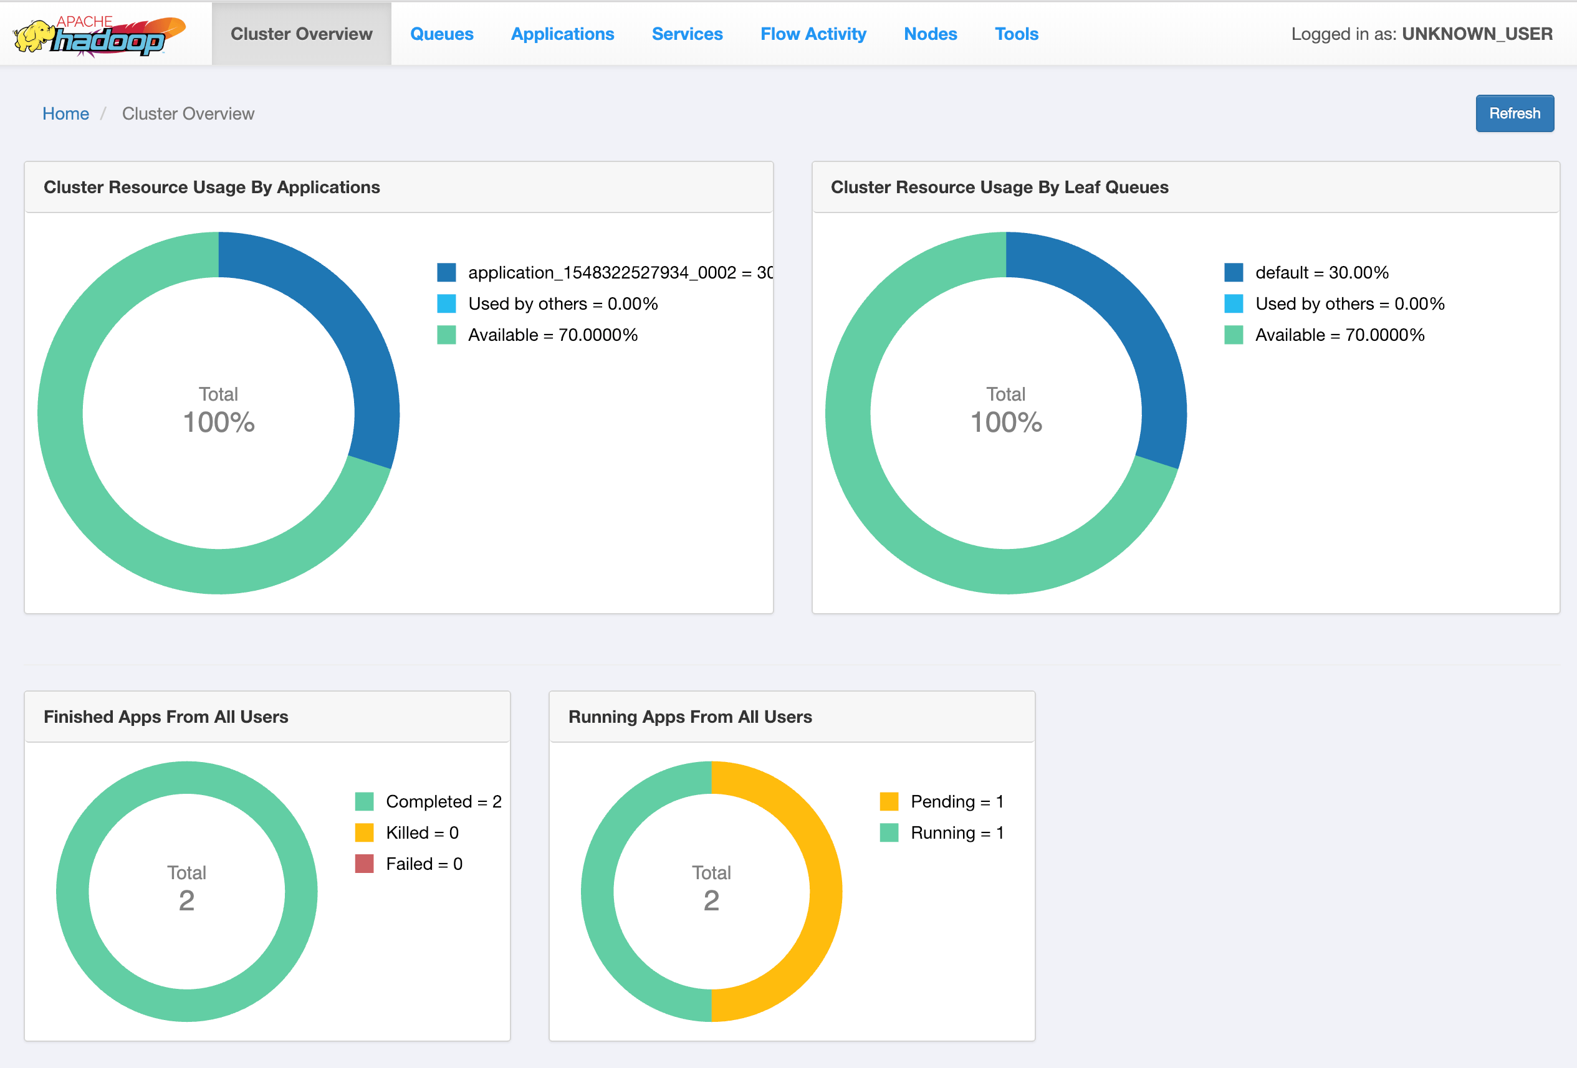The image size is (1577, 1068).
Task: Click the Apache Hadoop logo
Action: (x=99, y=36)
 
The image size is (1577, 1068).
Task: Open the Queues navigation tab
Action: (x=441, y=34)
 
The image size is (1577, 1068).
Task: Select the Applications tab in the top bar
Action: (x=562, y=34)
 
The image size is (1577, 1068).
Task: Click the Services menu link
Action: (x=687, y=34)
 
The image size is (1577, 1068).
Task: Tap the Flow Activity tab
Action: (x=812, y=34)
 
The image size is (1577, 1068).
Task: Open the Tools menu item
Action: (x=1016, y=34)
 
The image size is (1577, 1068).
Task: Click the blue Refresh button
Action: (x=1514, y=113)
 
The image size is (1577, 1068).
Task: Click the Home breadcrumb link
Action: (x=65, y=113)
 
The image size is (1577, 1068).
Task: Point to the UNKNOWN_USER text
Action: (x=1477, y=34)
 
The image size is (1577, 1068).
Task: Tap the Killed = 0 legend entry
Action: (x=421, y=832)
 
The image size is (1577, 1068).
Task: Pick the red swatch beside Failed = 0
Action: (x=365, y=864)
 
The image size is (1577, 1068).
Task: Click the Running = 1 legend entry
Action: (x=956, y=832)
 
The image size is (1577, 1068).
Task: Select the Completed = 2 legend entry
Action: (x=443, y=801)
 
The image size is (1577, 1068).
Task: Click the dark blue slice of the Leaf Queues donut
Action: (x=1140, y=339)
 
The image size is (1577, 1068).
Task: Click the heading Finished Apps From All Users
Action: (x=166, y=717)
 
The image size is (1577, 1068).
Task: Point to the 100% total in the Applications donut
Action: (x=219, y=422)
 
